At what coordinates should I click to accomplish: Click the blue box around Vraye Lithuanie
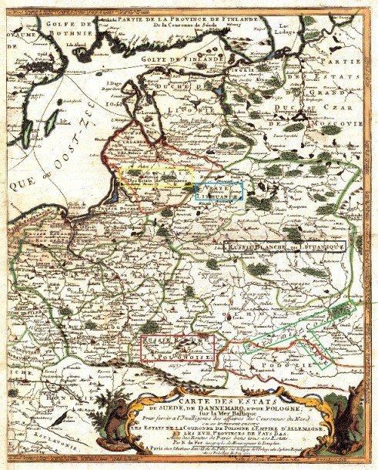tap(219, 191)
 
